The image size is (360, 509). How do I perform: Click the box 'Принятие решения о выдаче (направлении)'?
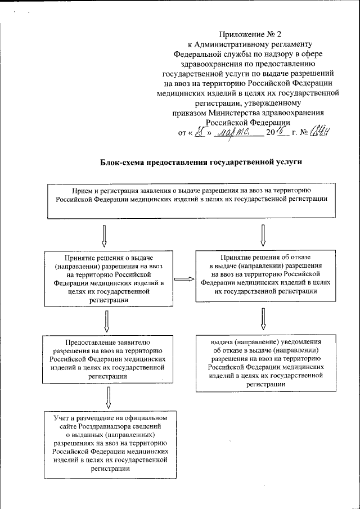pyautogui.click(x=110, y=278)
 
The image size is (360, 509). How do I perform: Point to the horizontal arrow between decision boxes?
pyautogui.click(x=183, y=278)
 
